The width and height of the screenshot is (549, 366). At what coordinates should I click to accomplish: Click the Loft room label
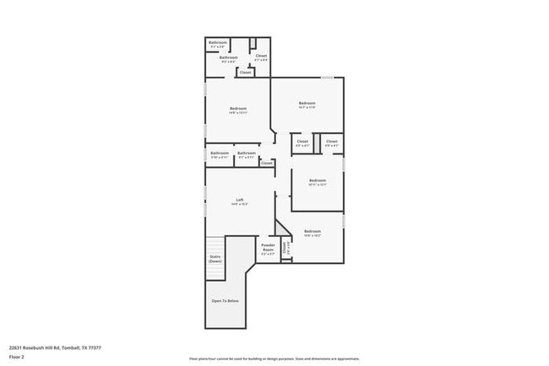click(240, 201)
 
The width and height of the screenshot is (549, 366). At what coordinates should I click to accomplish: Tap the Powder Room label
click(268, 248)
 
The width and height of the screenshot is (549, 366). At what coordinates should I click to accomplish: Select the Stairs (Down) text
click(215, 260)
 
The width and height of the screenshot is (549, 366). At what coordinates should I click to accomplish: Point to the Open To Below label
click(225, 300)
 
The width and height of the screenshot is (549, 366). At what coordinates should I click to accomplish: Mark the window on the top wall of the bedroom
click(327, 78)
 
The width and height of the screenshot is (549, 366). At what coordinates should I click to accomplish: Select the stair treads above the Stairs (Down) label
click(215, 245)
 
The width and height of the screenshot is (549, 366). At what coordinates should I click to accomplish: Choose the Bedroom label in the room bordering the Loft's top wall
click(238, 109)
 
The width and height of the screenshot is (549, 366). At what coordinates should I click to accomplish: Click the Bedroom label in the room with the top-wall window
click(306, 104)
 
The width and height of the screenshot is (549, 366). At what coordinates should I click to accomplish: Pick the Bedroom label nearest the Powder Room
click(312, 231)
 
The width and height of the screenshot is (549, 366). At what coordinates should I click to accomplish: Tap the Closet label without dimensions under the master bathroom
click(245, 73)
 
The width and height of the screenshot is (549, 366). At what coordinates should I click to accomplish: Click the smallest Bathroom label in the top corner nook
click(217, 42)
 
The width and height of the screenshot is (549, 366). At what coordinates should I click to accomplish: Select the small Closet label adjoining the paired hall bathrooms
click(267, 163)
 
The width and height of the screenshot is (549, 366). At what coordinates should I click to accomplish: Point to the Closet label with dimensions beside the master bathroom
click(261, 57)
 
